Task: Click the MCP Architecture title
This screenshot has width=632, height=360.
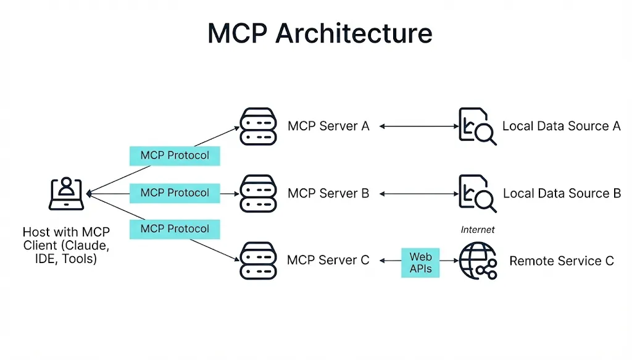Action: point(320,33)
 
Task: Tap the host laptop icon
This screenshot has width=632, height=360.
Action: point(67,194)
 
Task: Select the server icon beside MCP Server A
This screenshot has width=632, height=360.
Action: point(257,126)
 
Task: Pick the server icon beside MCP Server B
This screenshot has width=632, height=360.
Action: point(257,193)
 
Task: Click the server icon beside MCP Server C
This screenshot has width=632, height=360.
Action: point(257,261)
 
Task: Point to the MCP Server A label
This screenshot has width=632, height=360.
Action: point(328,126)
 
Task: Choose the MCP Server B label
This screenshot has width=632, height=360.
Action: point(328,193)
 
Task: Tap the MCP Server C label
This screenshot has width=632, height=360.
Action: point(328,261)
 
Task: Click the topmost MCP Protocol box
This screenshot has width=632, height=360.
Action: point(175,156)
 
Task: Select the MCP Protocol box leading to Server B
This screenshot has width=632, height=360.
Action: point(175,193)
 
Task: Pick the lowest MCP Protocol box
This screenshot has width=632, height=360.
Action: point(175,229)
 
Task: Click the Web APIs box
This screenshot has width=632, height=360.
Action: point(420,262)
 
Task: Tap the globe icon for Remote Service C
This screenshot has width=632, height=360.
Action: point(478,261)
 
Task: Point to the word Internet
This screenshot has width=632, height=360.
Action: point(478,230)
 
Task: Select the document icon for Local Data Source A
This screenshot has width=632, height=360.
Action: point(477,126)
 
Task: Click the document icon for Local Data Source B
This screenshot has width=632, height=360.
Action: point(477,193)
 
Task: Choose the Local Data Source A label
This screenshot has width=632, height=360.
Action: point(561,126)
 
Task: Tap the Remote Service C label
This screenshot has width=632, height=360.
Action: point(562,261)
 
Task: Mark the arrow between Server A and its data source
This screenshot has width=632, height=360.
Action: point(417,126)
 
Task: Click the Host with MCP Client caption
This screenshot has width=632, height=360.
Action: point(66,245)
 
